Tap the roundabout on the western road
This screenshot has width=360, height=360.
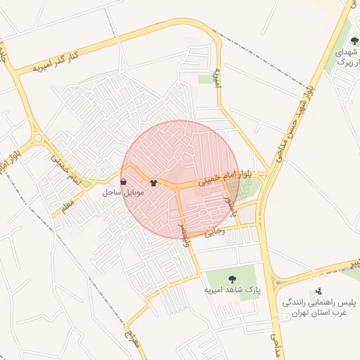click(38, 139)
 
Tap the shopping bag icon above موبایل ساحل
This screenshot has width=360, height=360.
click(124, 181)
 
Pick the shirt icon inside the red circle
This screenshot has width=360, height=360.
click(154, 182)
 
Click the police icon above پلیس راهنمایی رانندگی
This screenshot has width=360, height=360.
click(319, 290)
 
